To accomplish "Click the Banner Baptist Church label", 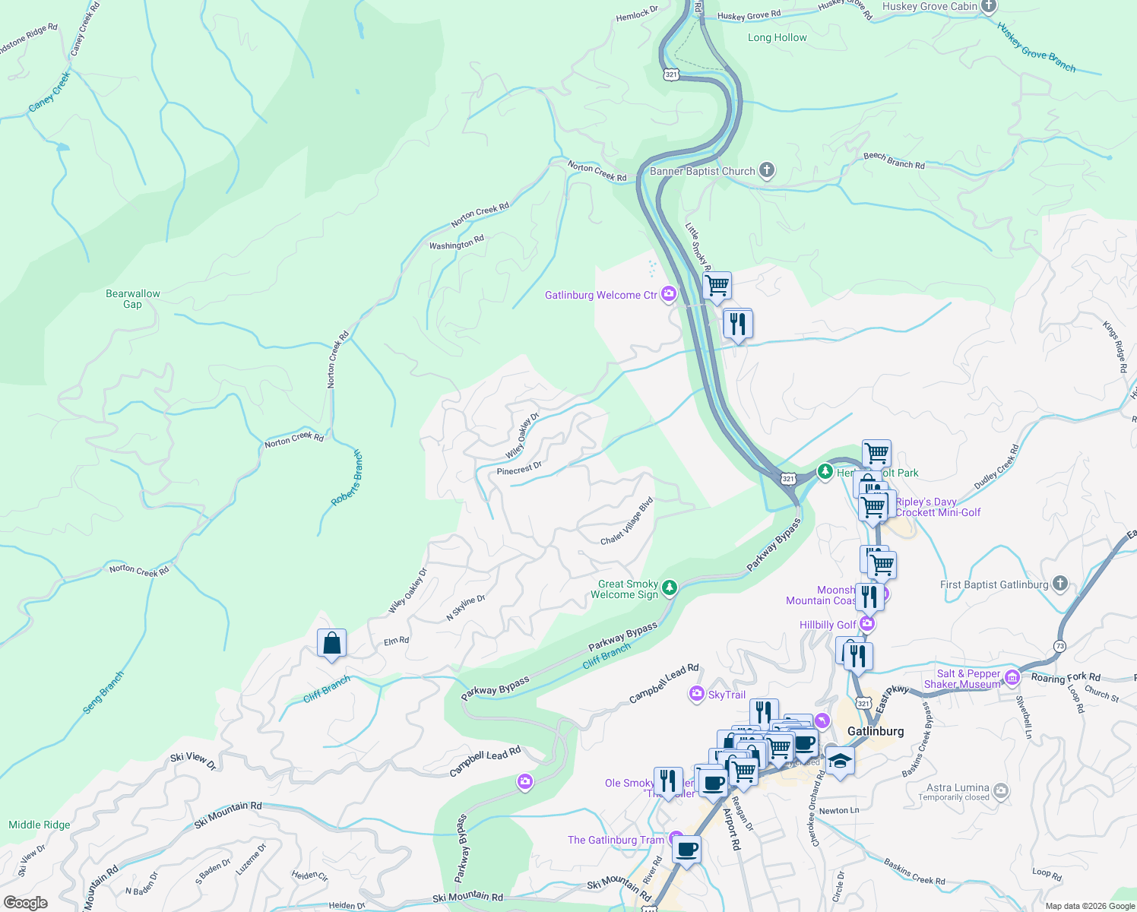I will [x=702, y=172].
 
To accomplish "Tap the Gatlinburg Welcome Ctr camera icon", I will [x=669, y=294].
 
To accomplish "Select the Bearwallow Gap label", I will [x=133, y=299].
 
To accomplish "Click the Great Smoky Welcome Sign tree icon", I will [x=669, y=587].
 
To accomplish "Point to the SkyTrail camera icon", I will [x=696, y=694].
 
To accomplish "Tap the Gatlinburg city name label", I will [x=876, y=731].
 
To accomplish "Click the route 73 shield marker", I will [x=1059, y=646].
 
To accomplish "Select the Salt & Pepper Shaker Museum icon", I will [x=1012, y=677].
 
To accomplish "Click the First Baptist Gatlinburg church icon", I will [x=1060, y=584].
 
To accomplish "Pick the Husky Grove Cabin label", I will [x=930, y=7].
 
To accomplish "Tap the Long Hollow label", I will [x=777, y=37].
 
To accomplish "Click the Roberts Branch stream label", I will [x=347, y=478].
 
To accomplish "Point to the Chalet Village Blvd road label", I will [x=627, y=521].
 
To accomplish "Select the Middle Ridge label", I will [x=40, y=825].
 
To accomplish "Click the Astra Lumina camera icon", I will [x=1001, y=791].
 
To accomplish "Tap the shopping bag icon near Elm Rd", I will [x=331, y=644].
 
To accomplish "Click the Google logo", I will [x=26, y=903].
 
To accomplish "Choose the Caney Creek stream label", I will [x=49, y=93].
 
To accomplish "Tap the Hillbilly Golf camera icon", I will [x=867, y=624].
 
